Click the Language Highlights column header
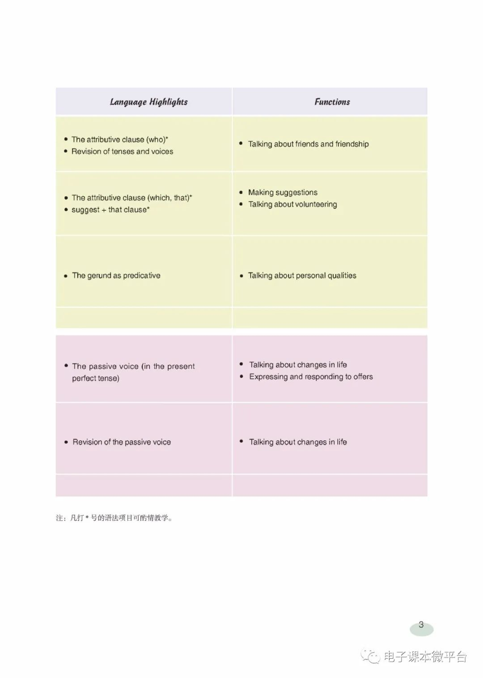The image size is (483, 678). click(x=149, y=102)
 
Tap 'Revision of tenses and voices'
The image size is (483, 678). click(x=122, y=151)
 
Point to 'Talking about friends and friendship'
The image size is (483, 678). click(x=308, y=144)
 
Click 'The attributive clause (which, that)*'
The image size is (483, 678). click(x=132, y=198)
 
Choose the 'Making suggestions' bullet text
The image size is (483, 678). click(x=283, y=192)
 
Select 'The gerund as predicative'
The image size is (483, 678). click(x=116, y=275)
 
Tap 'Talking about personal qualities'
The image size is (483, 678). click(x=302, y=275)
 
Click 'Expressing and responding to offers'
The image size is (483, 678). click(x=311, y=377)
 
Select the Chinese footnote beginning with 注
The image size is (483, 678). click(x=114, y=518)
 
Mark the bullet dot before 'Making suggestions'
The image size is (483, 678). click(x=241, y=192)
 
